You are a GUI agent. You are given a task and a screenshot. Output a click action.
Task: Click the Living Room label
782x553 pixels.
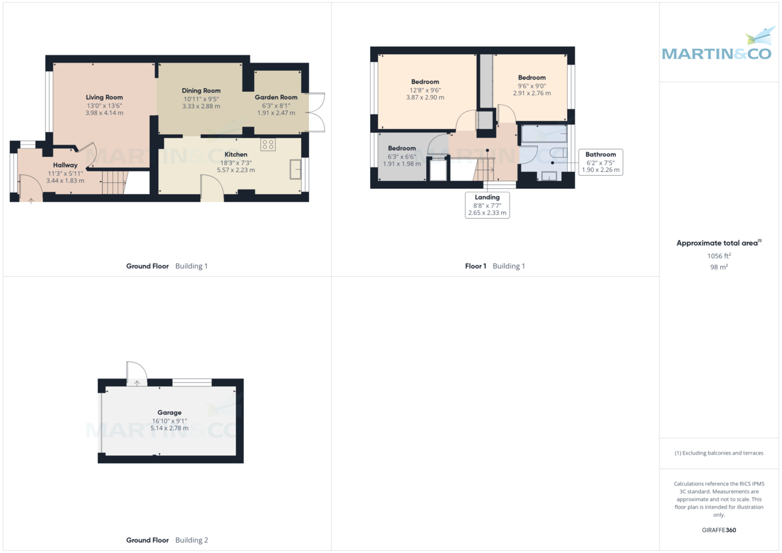coord(104,98)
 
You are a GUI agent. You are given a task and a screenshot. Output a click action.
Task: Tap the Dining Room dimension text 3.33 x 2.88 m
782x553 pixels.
coord(201,106)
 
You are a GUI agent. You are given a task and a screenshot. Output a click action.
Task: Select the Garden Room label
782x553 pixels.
coord(276,98)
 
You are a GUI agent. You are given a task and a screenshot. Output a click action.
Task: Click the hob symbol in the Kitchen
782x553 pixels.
coord(268,144)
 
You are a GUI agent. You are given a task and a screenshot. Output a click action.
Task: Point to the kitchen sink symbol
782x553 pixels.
coord(296,169)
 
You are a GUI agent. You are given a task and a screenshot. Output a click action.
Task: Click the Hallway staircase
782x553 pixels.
coord(114,182)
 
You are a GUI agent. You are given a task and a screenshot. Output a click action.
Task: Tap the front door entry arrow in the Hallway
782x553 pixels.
coord(31,201)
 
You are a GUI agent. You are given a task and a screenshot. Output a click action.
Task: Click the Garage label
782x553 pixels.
coord(169,412)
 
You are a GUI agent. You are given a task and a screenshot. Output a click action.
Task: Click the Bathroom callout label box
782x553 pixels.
coord(600,162)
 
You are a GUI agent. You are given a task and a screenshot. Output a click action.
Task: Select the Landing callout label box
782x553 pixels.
coord(487,205)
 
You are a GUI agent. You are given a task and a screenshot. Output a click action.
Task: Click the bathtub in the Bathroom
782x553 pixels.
coord(544,134)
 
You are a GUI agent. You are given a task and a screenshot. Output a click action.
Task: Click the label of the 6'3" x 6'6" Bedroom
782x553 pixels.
coord(402,149)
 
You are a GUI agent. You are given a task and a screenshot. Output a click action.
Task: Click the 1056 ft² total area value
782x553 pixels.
coord(719,256)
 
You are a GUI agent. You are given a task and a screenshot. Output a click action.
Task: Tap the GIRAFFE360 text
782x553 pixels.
coord(719,530)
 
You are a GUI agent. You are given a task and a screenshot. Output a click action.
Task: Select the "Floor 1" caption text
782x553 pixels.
coord(476,266)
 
